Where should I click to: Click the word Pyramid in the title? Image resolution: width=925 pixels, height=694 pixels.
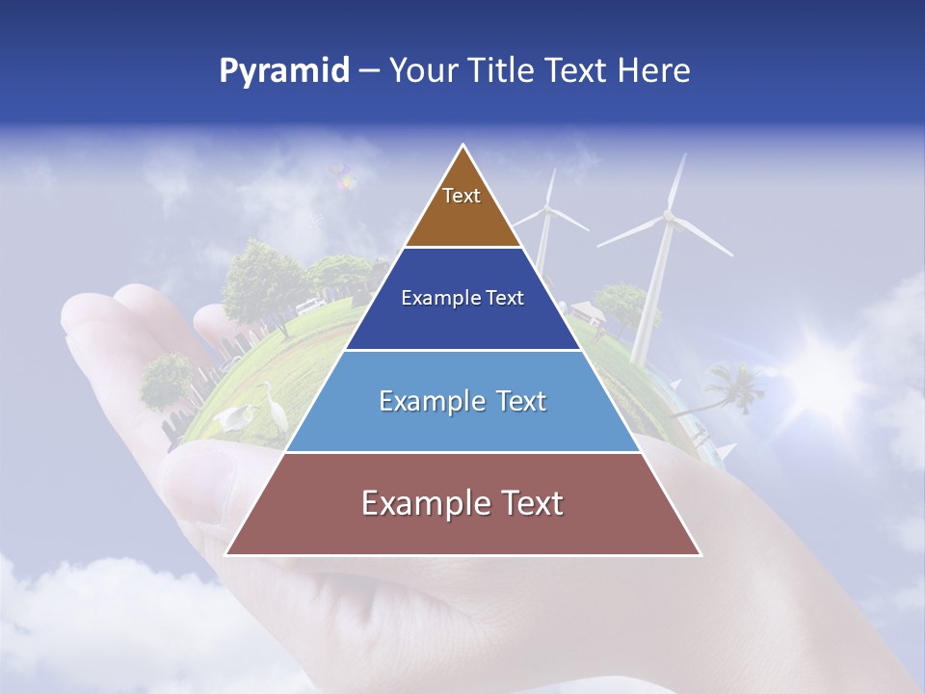(283, 71)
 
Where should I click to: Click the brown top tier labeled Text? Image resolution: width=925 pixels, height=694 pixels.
(462, 207)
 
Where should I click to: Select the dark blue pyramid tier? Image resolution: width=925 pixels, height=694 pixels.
(462, 299)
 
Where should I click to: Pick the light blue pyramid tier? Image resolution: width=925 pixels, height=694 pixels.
(462, 401)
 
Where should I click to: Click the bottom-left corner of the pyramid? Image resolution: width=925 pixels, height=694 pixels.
(226, 554)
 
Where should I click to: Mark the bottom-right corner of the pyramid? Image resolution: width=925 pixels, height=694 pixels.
(700, 554)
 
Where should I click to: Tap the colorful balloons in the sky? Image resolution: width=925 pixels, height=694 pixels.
(343, 175)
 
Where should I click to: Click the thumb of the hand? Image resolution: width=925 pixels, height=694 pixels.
(198, 472)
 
